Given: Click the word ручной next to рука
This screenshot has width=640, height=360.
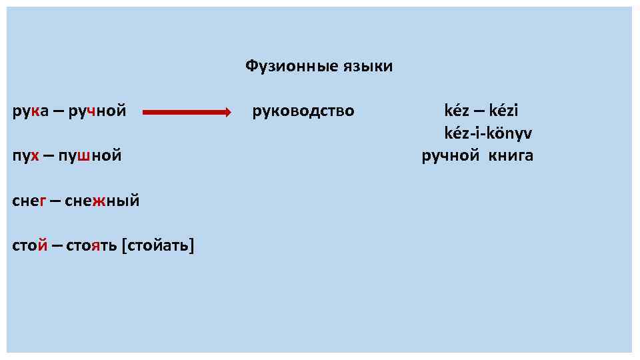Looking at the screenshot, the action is (97, 111).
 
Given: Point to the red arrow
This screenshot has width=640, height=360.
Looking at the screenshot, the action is (187, 112).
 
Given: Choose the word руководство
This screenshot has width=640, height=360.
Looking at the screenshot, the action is (303, 111).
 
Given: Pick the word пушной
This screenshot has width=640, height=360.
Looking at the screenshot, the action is (90, 156).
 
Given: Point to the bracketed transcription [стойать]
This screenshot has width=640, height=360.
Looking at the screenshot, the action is (158, 246).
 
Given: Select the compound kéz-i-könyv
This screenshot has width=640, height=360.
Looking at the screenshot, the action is (488, 133).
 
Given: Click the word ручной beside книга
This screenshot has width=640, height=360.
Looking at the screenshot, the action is (450, 156).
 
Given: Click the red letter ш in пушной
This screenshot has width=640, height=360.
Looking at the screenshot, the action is (84, 156).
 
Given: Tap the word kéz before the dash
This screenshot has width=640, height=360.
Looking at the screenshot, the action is (458, 111).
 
